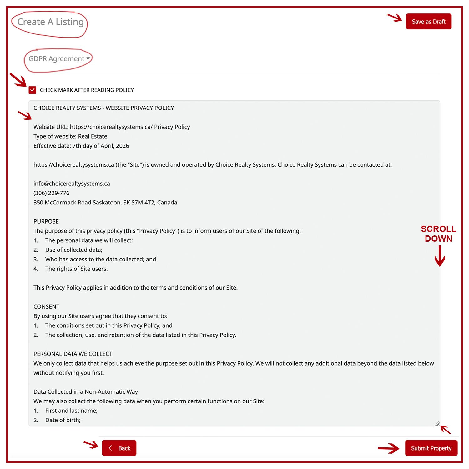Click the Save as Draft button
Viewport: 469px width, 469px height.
428,22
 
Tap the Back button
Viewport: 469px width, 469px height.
119,448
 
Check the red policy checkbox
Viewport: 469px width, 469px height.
32,90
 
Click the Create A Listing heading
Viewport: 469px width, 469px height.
50,22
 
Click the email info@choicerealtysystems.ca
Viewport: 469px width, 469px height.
72,184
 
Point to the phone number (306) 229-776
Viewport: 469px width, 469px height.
51,193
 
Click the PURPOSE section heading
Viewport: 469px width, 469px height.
46,221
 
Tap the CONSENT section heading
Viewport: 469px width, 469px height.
46,306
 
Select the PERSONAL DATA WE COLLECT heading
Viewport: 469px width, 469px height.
73,354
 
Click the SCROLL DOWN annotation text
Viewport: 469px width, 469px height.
438,234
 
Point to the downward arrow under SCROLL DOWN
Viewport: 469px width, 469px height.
440,256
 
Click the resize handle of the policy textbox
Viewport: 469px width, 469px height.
437,423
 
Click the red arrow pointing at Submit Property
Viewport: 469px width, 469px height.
389,449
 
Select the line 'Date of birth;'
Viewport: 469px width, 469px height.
63,420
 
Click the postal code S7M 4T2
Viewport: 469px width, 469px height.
143,202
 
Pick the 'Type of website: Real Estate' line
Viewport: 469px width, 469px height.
70,136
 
